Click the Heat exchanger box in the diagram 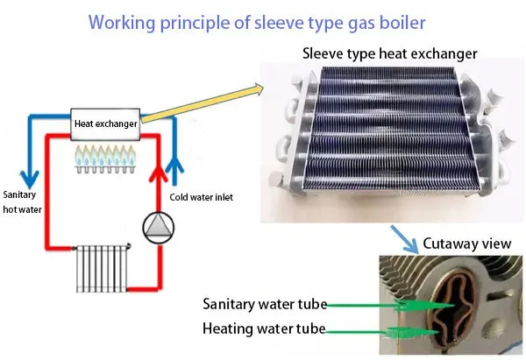[106, 124]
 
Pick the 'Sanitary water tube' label [264, 305]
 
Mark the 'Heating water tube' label [264, 329]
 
